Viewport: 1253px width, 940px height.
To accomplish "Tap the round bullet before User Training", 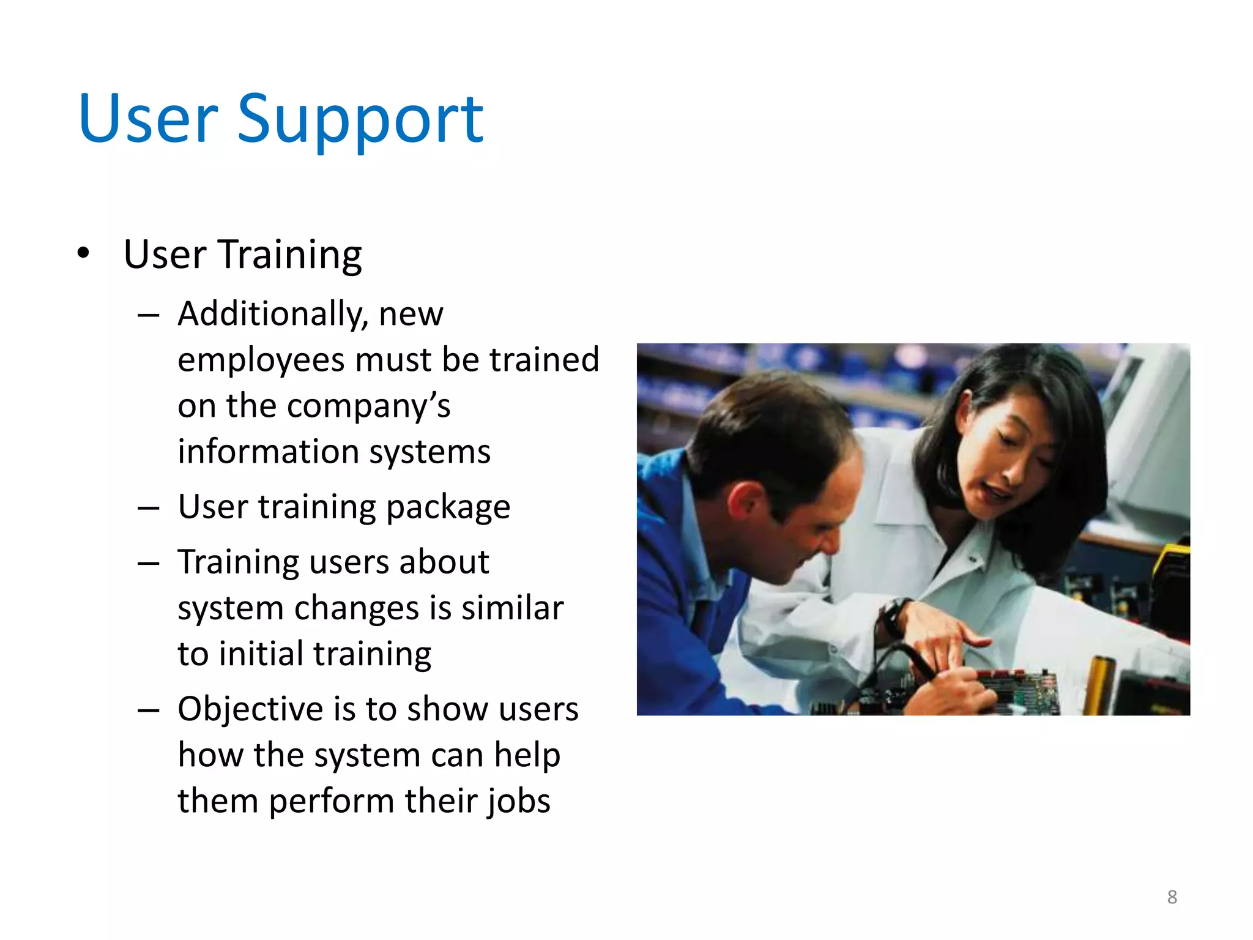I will coord(84,253).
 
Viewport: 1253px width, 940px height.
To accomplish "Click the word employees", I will coord(261,361).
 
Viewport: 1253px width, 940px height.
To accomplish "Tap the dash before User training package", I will coord(148,508).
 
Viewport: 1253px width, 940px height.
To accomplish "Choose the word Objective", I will coord(250,709).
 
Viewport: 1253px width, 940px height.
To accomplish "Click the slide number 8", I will coord(1172,897).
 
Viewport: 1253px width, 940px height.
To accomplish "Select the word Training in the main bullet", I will coord(290,254).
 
